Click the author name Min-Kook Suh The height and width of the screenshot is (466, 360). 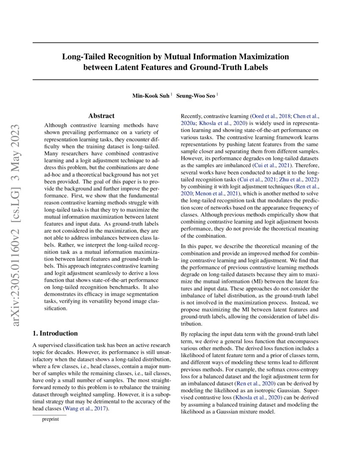pyautogui.click(x=151, y=96)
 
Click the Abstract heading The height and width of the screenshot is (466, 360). pyautogui.click(x=101, y=116)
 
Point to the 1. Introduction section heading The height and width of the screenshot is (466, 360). pyautogui.click(x=55, y=333)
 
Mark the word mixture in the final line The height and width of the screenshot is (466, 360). pyautogui.click(x=252, y=412)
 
